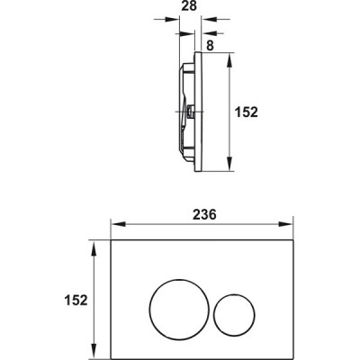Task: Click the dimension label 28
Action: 189,6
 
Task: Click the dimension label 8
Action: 210,46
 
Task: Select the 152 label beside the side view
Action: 247,112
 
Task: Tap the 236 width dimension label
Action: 204,214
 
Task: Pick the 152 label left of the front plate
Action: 76,300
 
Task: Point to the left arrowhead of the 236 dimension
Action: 119,224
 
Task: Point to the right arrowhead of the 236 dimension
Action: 286,224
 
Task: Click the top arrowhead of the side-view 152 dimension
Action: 229,61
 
